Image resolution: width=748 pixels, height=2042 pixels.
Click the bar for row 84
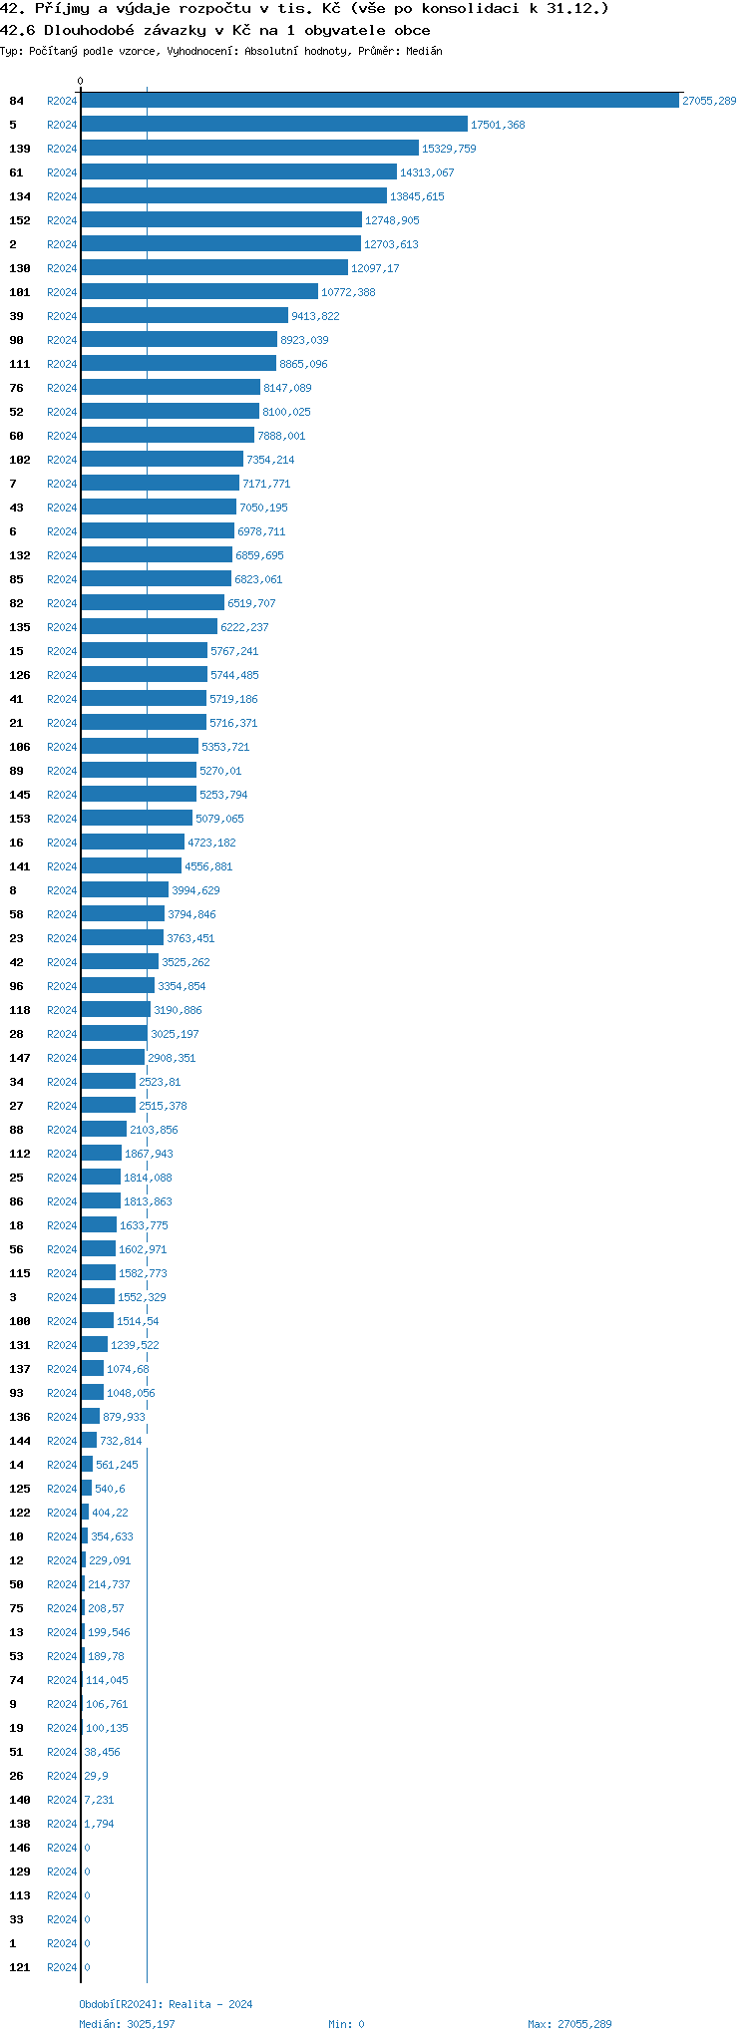(x=380, y=101)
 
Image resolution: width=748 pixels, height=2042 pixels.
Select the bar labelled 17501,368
(x=274, y=125)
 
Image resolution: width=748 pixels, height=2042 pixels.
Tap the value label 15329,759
(x=449, y=149)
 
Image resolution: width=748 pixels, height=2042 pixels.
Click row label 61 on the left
(x=16, y=172)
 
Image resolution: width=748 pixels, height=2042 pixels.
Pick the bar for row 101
(x=199, y=292)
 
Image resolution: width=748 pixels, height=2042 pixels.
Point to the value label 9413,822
(x=315, y=316)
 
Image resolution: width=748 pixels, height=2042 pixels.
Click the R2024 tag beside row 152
(x=62, y=220)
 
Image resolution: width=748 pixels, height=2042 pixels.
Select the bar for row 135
(x=149, y=627)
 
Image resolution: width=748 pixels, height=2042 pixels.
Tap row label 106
(x=20, y=747)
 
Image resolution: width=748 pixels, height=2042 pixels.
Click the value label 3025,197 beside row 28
(x=175, y=1034)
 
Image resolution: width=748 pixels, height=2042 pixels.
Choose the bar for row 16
(x=133, y=843)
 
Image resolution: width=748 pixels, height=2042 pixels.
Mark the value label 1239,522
(x=135, y=1345)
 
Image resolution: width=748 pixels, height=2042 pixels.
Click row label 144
(x=20, y=1441)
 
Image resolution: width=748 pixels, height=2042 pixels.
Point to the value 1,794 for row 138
(x=99, y=1824)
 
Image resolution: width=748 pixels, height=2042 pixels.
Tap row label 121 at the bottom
(x=20, y=1967)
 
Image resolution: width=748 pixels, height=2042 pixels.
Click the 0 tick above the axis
(x=81, y=81)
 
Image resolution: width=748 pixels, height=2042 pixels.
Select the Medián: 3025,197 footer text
(x=127, y=2024)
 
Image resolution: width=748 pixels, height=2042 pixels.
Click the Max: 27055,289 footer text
(x=569, y=2024)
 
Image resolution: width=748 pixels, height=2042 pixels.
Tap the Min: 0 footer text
(x=346, y=2024)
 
